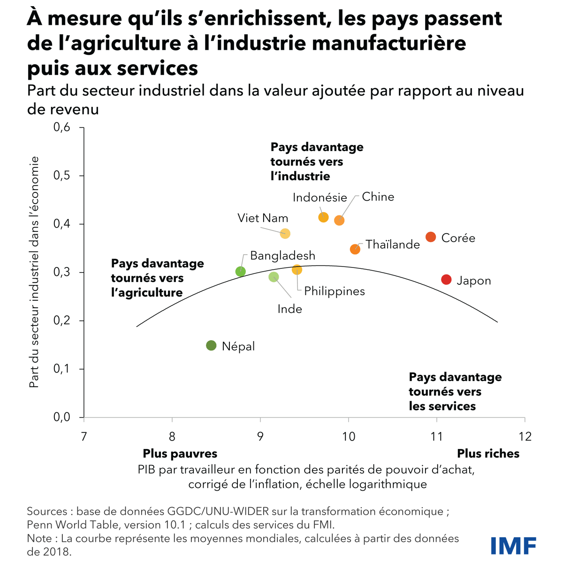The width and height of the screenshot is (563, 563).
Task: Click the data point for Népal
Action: click(211, 346)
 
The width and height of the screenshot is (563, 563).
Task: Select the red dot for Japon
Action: click(446, 280)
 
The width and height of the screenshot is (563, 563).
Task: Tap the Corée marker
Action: click(431, 237)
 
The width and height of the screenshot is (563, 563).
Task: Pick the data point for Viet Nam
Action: click(285, 233)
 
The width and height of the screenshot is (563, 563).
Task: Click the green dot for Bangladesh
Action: click(240, 271)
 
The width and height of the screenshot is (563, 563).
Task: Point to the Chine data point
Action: click(339, 220)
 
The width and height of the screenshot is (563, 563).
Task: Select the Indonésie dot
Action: click(323, 217)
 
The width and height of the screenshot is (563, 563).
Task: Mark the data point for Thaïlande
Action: click(355, 249)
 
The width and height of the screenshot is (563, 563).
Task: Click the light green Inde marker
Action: click(274, 277)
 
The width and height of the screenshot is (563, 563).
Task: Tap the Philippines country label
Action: click(335, 291)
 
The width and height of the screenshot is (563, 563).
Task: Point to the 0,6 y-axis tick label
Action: click(62, 127)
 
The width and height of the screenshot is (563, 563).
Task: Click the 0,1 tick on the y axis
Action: click(62, 369)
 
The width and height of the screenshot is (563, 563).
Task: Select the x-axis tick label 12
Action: click(525, 436)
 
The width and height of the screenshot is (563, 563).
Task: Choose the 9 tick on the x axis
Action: click(260, 436)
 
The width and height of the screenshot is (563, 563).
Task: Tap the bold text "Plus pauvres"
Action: click(180, 454)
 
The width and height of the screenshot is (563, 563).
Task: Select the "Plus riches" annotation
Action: click(488, 454)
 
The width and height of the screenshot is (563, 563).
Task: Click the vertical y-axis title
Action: click(34, 272)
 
